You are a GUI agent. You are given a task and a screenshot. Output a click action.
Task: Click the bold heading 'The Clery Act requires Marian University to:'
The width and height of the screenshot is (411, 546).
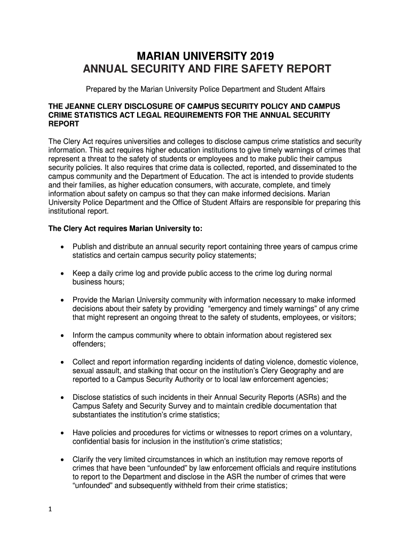click(x=125, y=229)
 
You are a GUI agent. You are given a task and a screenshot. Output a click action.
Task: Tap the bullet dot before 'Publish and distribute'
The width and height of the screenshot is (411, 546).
click(x=64, y=247)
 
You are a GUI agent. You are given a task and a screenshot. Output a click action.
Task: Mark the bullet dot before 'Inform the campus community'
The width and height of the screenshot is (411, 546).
click(x=64, y=335)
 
